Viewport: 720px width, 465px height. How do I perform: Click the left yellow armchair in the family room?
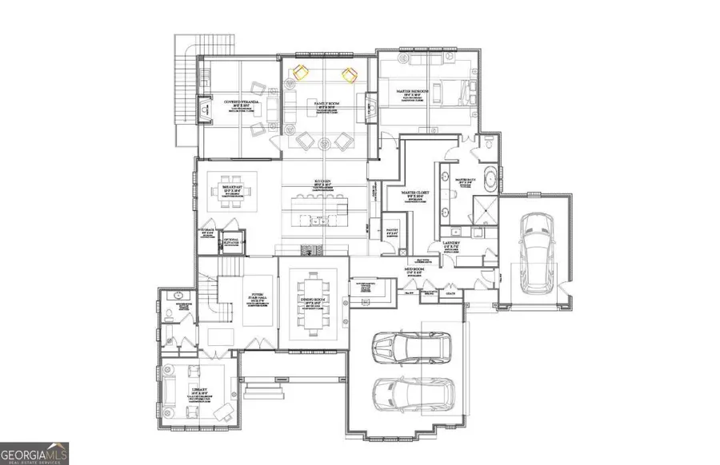(301, 74)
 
